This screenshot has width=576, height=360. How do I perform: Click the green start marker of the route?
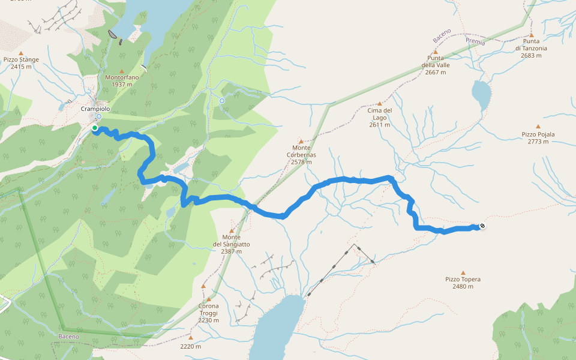click(x=95, y=128)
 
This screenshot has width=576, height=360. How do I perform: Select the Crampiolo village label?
click(x=95, y=109)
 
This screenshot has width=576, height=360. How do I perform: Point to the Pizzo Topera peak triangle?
click(x=463, y=272)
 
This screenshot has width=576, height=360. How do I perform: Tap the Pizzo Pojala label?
click(x=538, y=134)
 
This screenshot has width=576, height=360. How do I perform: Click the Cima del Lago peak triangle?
click(x=379, y=103)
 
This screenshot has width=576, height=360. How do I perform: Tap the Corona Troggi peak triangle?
click(x=208, y=299)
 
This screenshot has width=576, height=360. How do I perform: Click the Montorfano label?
click(x=122, y=77)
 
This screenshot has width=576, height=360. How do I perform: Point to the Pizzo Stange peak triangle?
click(x=21, y=53)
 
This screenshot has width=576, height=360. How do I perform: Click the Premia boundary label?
click(x=475, y=41)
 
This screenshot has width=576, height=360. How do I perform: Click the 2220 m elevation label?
click(x=190, y=346)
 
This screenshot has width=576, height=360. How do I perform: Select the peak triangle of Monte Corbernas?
click(x=301, y=142)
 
